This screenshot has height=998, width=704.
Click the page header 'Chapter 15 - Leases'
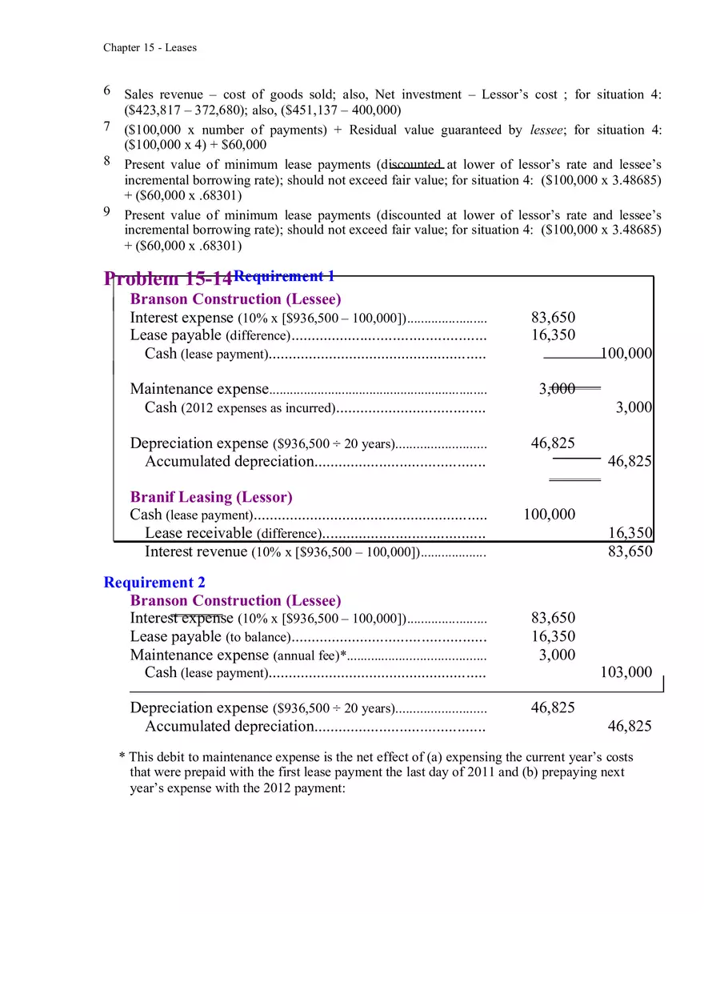click(x=150, y=48)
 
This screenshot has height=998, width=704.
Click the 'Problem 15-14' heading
click(x=167, y=279)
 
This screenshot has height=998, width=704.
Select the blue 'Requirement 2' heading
click(x=154, y=583)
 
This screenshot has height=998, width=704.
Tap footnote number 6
click(x=107, y=91)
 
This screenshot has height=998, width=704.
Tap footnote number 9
click(x=107, y=212)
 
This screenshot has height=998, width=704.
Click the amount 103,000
click(x=626, y=672)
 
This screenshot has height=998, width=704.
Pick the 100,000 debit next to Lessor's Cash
click(x=549, y=515)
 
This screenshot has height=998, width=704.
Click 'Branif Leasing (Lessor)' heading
click(x=211, y=497)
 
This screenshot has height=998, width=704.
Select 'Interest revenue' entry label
click(x=196, y=551)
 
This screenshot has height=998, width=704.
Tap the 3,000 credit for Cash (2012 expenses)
click(x=634, y=407)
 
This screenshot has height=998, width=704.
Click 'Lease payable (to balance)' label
click(x=208, y=637)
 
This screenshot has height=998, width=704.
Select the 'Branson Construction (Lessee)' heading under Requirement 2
click(x=235, y=600)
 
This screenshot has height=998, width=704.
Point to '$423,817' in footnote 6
click(x=153, y=110)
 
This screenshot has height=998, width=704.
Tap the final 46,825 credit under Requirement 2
click(x=630, y=726)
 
